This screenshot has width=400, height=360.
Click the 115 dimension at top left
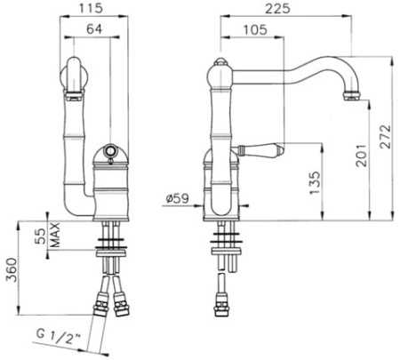point(85,8)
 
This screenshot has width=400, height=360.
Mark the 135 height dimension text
point(313,181)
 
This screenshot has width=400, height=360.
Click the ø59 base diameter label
point(176,199)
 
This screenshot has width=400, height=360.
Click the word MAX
point(54,236)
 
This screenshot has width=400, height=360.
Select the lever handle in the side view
point(264,148)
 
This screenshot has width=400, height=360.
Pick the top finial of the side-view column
point(220,64)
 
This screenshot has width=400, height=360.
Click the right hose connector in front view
point(121,306)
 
